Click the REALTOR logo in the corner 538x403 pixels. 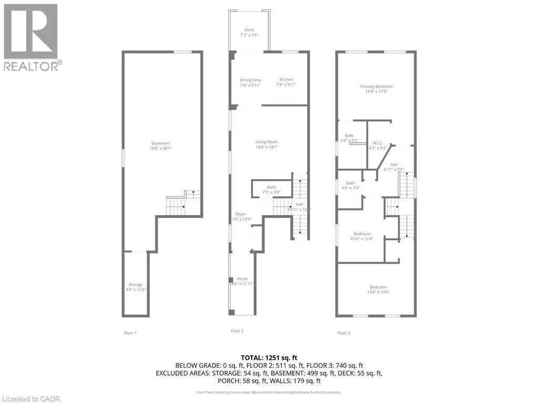[32, 36]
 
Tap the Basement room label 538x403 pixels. [161, 146]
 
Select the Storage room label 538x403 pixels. [136, 287]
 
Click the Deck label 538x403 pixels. [249, 33]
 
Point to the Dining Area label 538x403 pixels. [250, 82]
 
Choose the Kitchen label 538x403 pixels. [286, 82]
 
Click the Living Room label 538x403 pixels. [267, 144]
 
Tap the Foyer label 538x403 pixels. [240, 216]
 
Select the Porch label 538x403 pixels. [242, 281]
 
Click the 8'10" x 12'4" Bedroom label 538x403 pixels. [362, 236]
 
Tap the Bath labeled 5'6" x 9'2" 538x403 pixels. [349, 138]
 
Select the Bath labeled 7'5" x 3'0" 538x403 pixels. [271, 190]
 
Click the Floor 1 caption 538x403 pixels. [129, 333]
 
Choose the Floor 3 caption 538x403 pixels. [344, 333]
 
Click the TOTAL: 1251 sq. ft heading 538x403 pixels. [268, 357]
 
